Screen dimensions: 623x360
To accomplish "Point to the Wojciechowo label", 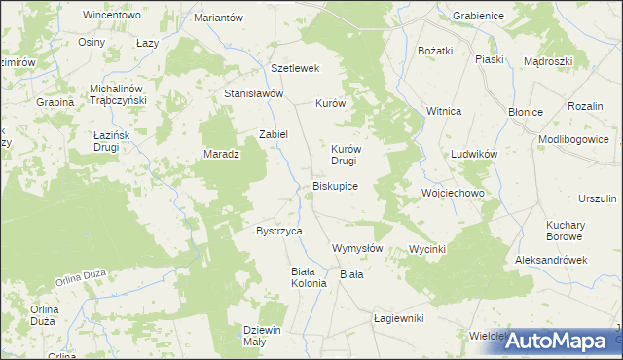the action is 453,193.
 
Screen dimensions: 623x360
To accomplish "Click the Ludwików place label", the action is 474,155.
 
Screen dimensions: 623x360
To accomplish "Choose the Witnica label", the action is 443,112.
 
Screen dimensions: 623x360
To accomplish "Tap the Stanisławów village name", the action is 253,94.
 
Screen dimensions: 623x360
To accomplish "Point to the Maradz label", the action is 221,154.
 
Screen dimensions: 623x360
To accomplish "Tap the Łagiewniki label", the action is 399,318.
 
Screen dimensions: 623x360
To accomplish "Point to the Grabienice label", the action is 476,17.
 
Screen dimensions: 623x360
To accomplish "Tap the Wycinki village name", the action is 427,249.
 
